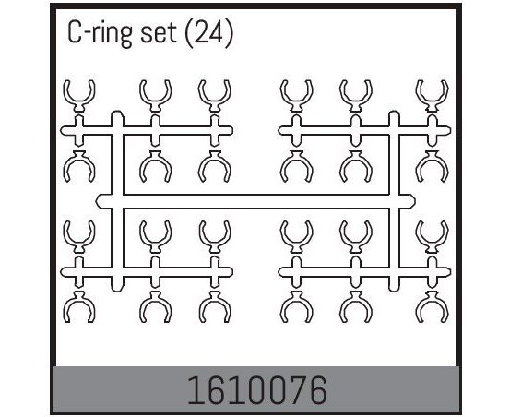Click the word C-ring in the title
pos(100,33)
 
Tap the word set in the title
pos(159,33)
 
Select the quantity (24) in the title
pos(208,33)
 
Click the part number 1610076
pos(257,390)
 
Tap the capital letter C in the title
pos(74,33)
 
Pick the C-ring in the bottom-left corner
pos(79,306)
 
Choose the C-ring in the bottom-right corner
pos(432,306)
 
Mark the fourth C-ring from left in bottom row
pos(296,306)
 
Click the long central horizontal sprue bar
pos(255,201)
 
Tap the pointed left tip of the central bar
pos(96,201)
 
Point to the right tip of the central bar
pos(415,201)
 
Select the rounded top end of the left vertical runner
pos(117,113)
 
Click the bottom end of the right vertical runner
pos(394,290)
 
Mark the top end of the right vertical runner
pos(394,113)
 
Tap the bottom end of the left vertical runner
pos(117,290)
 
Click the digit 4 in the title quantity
pos(217,33)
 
